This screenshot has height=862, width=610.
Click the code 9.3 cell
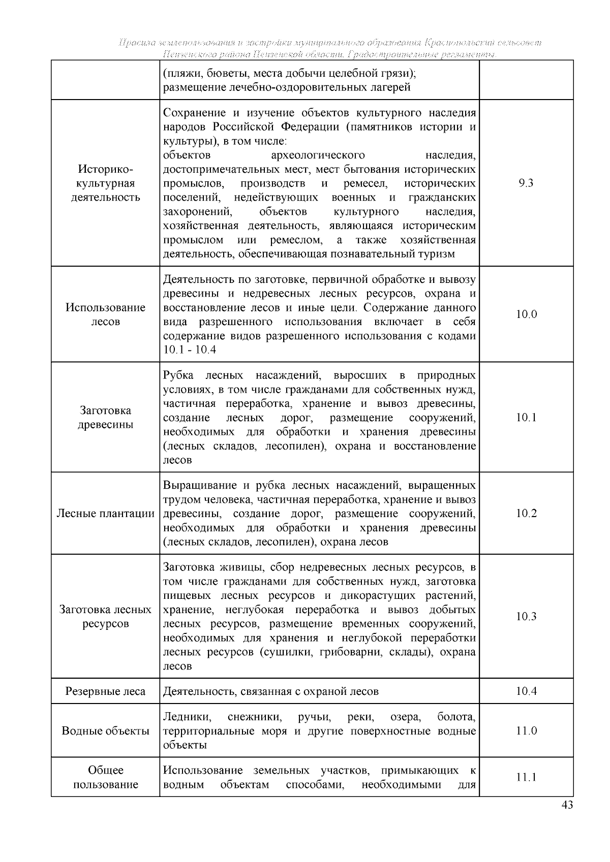[526, 183]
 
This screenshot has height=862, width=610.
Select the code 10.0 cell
[526, 314]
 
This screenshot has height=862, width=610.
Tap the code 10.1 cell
[526, 418]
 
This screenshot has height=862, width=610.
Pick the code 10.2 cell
[526, 514]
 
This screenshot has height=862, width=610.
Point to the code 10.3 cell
[526, 617]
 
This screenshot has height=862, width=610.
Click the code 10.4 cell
[526, 691]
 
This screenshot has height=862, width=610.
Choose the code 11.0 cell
[526, 731]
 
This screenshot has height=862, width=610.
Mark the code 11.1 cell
[526, 778]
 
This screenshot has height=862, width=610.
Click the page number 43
[567, 805]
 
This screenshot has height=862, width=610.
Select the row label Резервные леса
[105, 691]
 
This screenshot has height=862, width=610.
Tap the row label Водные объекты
[105, 731]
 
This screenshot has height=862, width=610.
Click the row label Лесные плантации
[105, 514]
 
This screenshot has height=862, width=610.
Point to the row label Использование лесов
[105, 314]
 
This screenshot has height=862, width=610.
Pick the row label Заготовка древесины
[105, 418]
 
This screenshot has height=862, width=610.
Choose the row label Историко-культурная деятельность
[105, 183]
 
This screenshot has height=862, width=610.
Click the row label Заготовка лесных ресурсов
[105, 617]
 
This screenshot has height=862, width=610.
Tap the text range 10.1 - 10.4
[190, 350]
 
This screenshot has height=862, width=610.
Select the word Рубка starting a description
[178, 375]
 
